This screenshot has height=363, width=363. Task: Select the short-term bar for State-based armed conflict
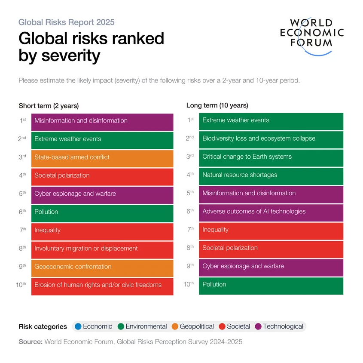(102, 157)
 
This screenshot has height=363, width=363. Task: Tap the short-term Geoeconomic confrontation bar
(102, 267)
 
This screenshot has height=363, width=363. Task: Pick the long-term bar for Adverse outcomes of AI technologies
(271, 212)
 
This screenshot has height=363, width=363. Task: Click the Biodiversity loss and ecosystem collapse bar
(271, 138)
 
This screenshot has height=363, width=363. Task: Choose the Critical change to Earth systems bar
(271, 157)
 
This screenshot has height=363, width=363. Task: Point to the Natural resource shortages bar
(271, 175)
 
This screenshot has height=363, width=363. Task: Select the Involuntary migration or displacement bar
(102, 249)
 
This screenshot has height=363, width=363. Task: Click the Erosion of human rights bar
(102, 285)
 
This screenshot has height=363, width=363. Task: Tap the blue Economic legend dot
(78, 326)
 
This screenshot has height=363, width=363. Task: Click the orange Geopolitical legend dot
(174, 326)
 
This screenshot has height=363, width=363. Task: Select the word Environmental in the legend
(146, 326)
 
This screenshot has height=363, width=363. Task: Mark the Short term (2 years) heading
(49, 106)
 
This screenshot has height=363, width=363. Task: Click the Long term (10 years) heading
(217, 105)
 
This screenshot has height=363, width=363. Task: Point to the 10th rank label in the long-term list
(189, 284)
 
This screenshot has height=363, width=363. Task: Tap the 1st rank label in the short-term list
(23, 121)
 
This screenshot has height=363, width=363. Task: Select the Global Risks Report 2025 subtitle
(67, 22)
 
